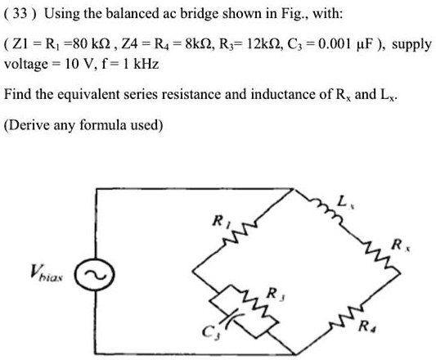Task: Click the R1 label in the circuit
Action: click(x=218, y=219)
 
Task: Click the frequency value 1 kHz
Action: click(x=141, y=63)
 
